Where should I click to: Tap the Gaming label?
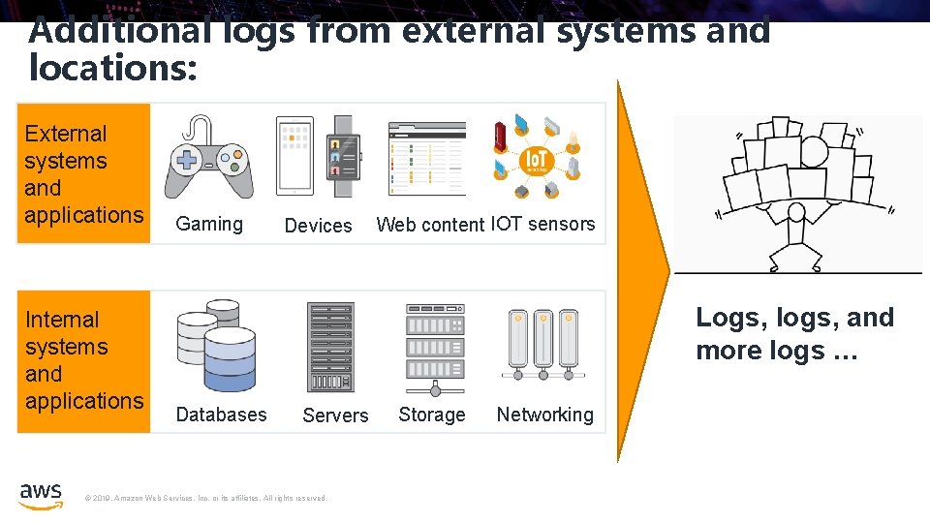(x=209, y=225)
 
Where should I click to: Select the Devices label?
(x=318, y=226)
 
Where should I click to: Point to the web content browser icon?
(x=426, y=158)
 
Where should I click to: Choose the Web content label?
(x=430, y=225)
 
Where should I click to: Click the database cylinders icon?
(x=216, y=345)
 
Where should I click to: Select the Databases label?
(x=221, y=415)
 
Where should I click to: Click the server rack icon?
(x=331, y=347)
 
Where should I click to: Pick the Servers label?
(x=335, y=415)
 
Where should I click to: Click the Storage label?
(x=432, y=415)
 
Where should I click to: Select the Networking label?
(x=544, y=415)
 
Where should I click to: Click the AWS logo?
(x=41, y=495)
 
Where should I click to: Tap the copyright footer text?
(x=206, y=499)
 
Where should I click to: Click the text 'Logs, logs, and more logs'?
(x=794, y=333)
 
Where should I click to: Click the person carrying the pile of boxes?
(x=795, y=237)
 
